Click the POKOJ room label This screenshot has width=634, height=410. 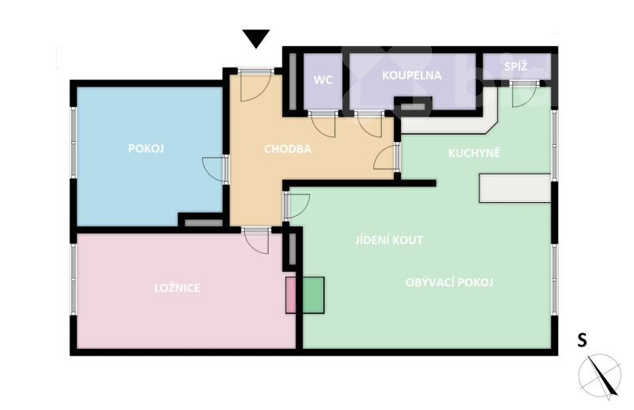[146, 148]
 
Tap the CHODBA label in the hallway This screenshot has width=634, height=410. [288, 149]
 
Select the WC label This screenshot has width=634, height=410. [323, 80]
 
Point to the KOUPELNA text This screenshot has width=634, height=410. [411, 75]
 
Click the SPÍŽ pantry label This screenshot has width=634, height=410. [516, 66]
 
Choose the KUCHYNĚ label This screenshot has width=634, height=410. [474, 152]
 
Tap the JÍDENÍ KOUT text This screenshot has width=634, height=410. [389, 240]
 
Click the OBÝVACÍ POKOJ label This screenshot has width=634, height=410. [449, 282]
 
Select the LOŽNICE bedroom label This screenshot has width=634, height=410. [177, 288]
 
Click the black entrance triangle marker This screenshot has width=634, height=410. [256, 38]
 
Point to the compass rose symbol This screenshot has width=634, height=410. [600, 376]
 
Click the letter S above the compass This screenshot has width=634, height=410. [582, 340]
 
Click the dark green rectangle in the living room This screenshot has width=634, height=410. [313, 295]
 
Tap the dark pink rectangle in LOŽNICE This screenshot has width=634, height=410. [291, 295]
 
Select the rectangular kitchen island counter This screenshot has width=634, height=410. [515, 188]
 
